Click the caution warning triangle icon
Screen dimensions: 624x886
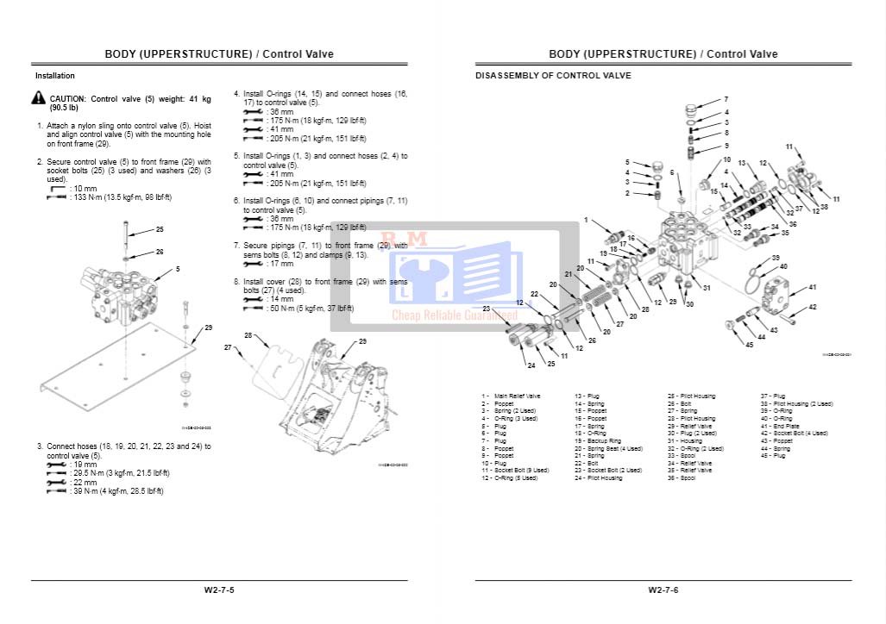(39, 99)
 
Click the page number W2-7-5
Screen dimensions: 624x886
(219, 590)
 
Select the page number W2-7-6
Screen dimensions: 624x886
(663, 590)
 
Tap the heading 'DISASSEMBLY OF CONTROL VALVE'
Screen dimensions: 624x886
(553, 76)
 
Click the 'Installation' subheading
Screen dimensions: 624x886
(55, 76)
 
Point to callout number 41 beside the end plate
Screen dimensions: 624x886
(812, 287)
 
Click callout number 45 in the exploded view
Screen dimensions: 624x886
(749, 346)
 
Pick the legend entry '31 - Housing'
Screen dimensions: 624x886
(685, 440)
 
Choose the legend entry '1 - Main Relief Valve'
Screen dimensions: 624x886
(512, 396)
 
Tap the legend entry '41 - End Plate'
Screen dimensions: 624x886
(779, 426)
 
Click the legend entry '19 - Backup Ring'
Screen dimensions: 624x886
(598, 440)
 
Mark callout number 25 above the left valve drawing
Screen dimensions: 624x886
(160, 230)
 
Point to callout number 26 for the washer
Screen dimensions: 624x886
(160, 252)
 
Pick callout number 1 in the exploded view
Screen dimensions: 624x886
(586, 221)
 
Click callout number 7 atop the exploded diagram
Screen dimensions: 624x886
(726, 100)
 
